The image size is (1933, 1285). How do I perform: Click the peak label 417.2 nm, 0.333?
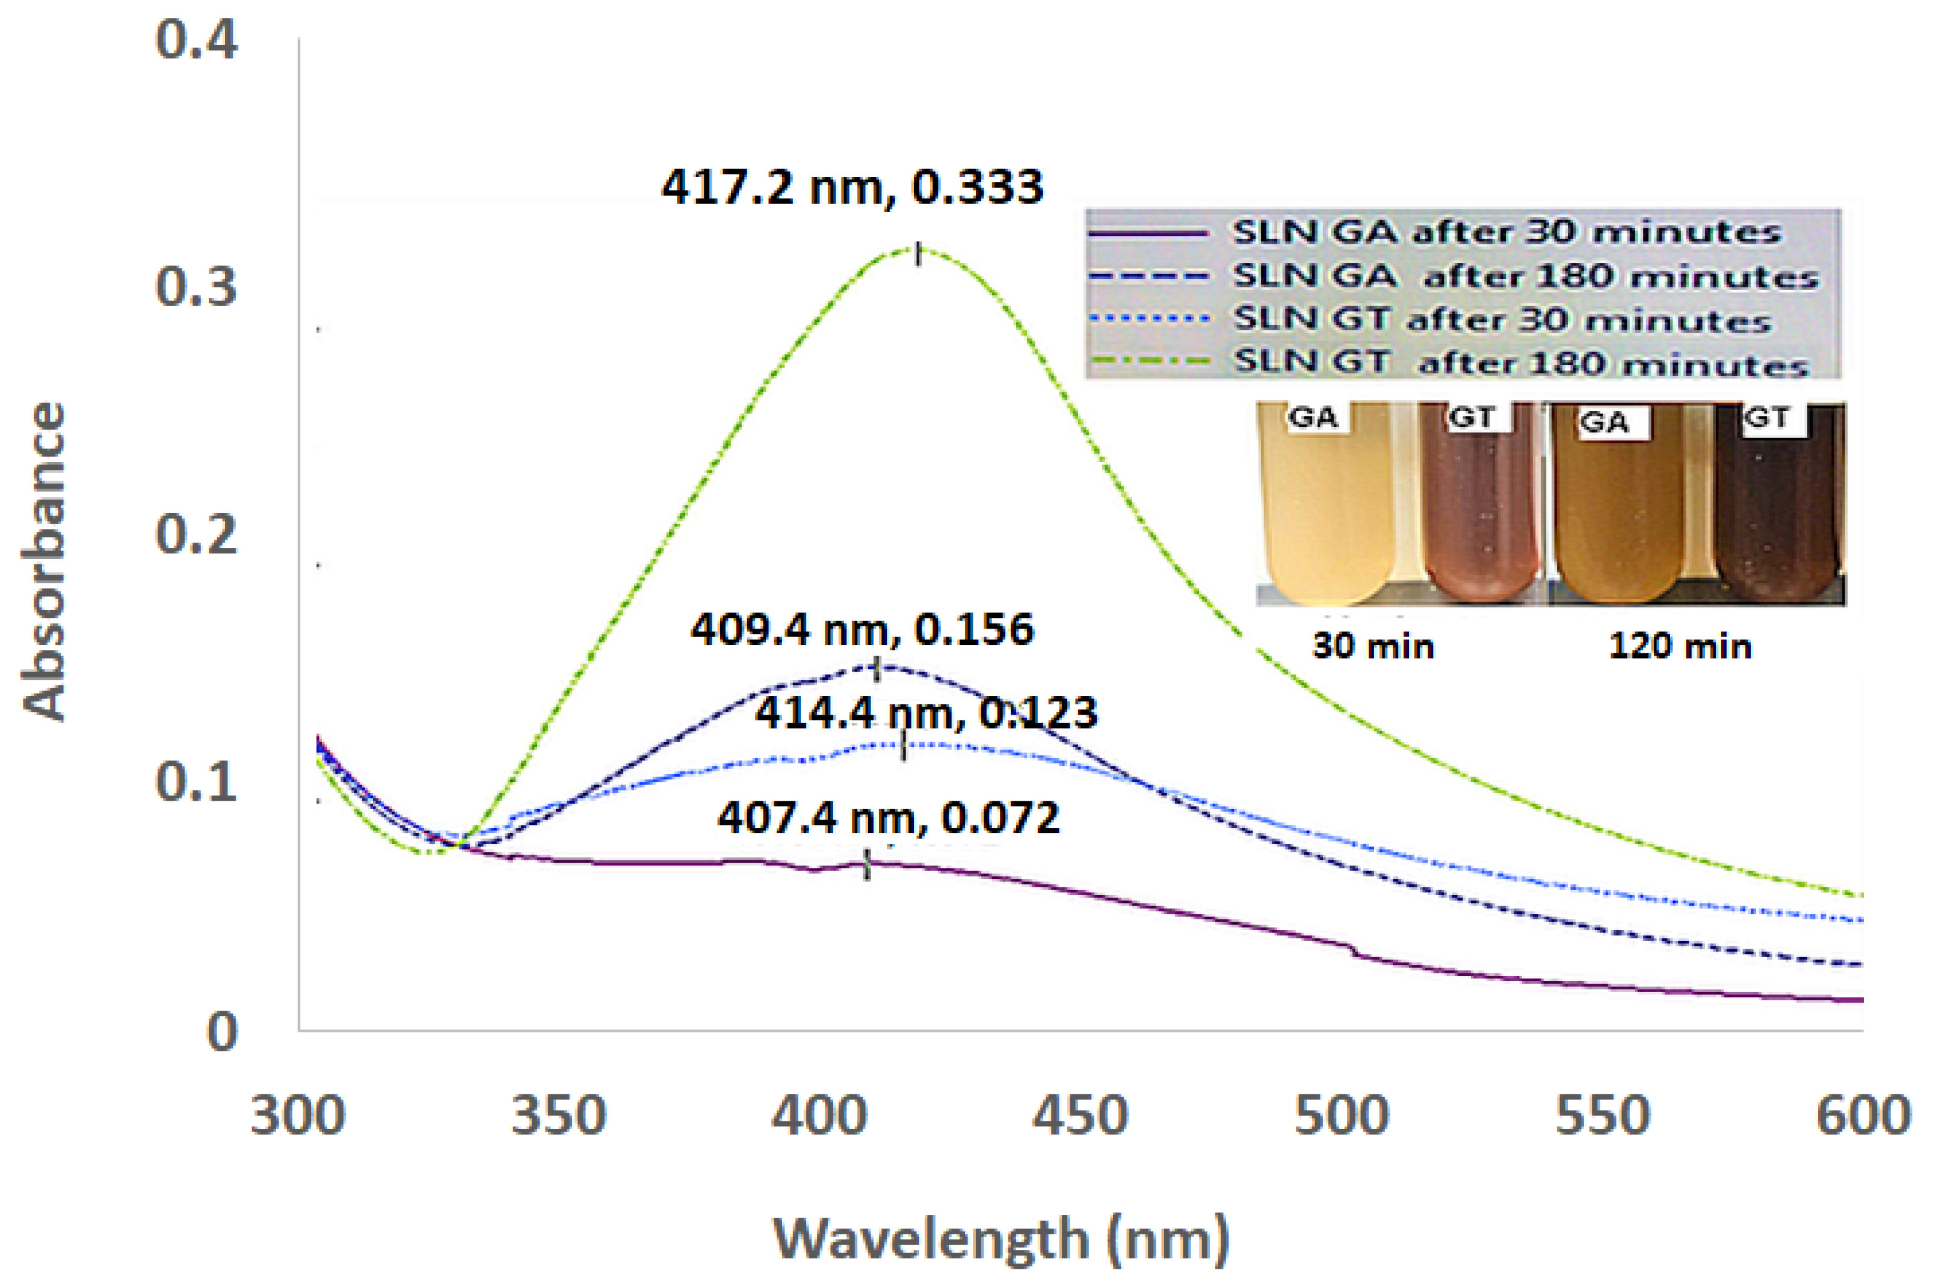tap(852, 188)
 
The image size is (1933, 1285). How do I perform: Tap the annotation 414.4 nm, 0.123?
tap(926, 713)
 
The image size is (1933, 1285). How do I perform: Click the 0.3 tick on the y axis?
tap(197, 287)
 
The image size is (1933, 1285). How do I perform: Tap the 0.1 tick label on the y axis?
tap(197, 782)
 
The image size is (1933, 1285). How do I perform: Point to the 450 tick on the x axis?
tap(1080, 1116)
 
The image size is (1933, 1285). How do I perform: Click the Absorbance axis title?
tap(43, 561)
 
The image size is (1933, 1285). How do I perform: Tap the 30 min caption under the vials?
tap(1373, 647)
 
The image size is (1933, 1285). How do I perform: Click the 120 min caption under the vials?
tap(1680, 647)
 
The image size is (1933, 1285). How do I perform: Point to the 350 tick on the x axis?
tap(559, 1116)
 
